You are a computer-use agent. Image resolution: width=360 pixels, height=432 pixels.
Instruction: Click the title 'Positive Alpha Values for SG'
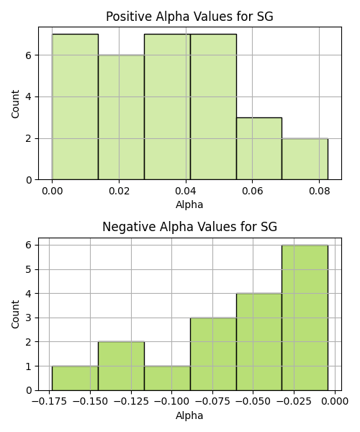point(189,17)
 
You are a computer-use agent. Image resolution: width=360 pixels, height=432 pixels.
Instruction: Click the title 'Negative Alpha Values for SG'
point(189,227)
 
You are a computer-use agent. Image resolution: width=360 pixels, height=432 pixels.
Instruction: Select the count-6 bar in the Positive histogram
point(121,117)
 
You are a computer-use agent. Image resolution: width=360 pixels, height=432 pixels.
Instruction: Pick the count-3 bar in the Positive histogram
point(259,149)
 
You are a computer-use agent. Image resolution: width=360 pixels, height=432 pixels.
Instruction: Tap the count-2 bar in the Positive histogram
point(305,159)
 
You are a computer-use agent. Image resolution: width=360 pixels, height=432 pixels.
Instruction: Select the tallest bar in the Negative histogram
point(305,318)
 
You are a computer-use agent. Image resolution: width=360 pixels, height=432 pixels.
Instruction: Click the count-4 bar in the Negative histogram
point(259,342)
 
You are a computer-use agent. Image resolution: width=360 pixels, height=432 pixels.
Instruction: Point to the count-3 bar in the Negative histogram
point(213,354)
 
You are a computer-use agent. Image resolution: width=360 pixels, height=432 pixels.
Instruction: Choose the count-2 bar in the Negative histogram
point(121,366)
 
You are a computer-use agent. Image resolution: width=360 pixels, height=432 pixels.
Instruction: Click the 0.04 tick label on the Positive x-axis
point(186,191)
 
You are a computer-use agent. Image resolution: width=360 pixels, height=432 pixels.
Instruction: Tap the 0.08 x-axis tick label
point(319,191)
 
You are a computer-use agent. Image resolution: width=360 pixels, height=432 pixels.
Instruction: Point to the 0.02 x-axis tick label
point(119,191)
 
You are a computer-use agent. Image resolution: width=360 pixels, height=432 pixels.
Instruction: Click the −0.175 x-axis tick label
point(49,402)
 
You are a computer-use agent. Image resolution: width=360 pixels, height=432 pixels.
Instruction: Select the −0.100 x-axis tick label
point(172,402)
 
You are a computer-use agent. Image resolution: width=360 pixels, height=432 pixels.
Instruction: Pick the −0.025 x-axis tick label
point(294,402)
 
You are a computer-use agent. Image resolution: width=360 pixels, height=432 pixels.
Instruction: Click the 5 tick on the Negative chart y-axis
point(29,269)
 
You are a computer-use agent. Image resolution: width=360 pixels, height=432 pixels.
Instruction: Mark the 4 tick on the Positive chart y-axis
point(29,97)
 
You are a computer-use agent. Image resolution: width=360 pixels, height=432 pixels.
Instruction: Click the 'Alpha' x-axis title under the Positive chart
point(189,204)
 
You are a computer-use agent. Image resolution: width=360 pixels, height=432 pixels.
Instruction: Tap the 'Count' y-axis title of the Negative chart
point(15,315)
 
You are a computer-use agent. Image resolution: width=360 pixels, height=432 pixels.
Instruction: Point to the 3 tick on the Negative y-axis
point(29,318)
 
